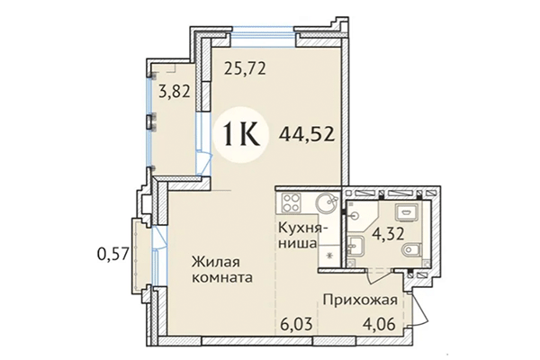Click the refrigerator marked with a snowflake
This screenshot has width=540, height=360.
pyautogui.click(x=328, y=255)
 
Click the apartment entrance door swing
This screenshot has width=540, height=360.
pyautogui.click(x=416, y=309)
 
